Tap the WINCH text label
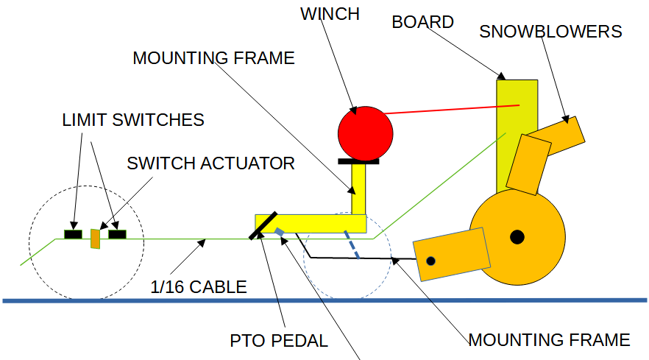point(330,14)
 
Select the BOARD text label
point(422,22)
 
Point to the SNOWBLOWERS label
point(550,32)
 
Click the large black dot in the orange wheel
point(517,236)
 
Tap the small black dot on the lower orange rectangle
point(431,261)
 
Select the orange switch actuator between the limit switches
point(95,239)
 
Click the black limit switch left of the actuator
point(73,234)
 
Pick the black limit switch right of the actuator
point(118,234)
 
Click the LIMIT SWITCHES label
point(132,119)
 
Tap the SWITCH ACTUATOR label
point(210,163)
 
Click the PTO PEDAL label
point(278,341)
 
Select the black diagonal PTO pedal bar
point(263,225)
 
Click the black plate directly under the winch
point(358,160)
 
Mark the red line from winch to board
point(452,110)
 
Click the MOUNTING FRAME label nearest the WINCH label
point(213,58)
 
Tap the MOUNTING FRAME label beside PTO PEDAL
point(549,339)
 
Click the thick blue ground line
point(324,300)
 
